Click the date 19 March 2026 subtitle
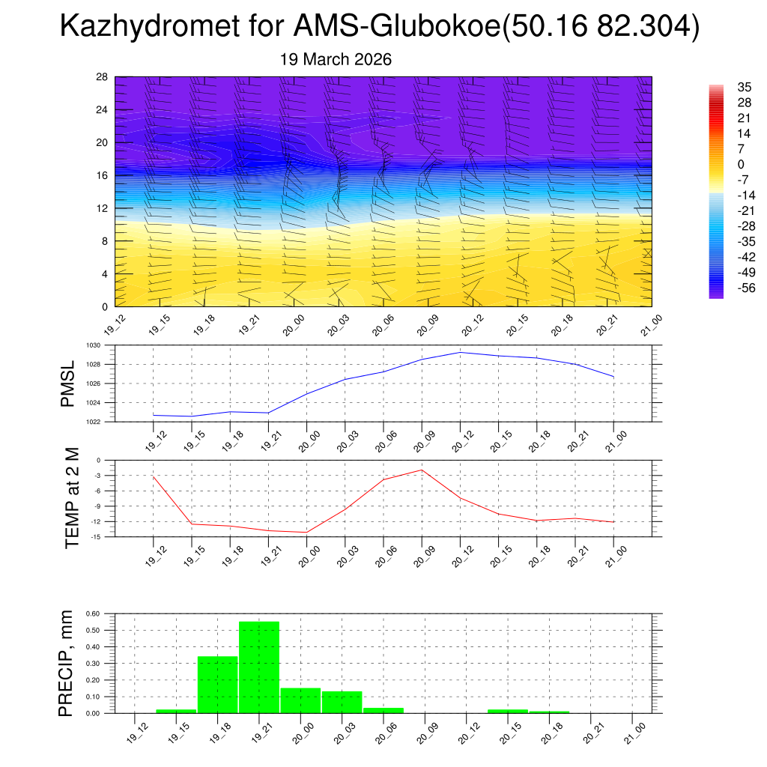(336, 60)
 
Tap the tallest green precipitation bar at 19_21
(259, 667)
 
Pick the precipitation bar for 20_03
(342, 702)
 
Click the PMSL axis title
(68, 383)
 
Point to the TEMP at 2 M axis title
(72, 499)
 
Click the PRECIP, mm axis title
(67, 663)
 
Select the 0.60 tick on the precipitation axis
(92, 613)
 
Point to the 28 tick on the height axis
(103, 77)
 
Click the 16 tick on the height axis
(103, 175)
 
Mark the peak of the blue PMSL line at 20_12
(460, 352)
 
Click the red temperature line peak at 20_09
(422, 470)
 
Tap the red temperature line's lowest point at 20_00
(306, 532)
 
